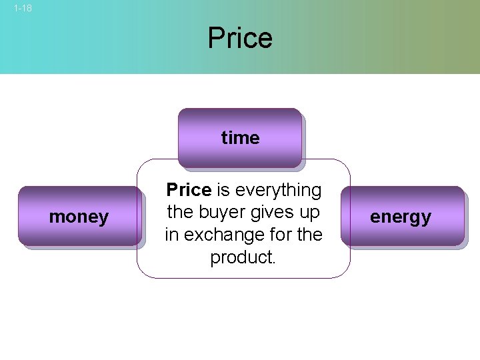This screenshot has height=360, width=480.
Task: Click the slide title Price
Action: pos(240,38)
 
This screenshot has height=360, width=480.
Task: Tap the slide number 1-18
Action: pos(23,9)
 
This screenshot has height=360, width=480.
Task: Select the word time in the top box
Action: pos(240,138)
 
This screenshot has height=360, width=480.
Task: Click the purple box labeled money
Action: pos(79,217)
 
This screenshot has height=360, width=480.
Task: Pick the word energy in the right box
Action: pos(401,217)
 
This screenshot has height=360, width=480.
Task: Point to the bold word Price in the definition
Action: pos(189,191)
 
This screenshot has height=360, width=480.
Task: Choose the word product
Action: pos(241,257)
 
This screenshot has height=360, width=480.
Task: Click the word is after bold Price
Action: pos(223,191)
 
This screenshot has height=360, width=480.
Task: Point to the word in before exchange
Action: pos(171,235)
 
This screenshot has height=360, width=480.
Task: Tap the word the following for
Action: pos(307,235)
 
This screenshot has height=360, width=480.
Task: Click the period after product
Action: pos(273,261)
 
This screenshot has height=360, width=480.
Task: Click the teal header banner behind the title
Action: pos(100,40)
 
